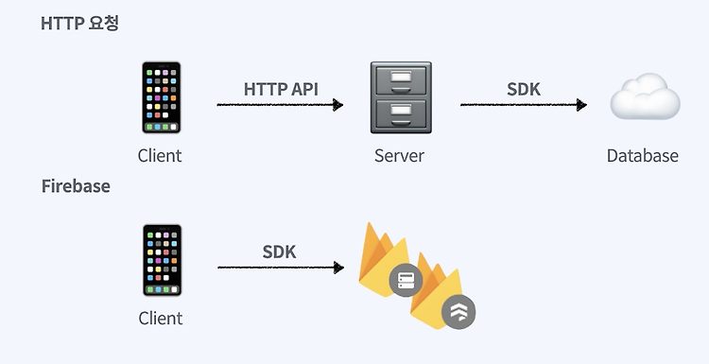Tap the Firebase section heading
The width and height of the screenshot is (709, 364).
tap(76, 186)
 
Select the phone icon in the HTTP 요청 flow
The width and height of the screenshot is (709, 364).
tap(161, 98)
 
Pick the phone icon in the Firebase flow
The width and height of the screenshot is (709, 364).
tap(161, 261)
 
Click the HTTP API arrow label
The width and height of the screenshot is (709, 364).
tap(281, 89)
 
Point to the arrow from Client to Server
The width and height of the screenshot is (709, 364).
tap(280, 105)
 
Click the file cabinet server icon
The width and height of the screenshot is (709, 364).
tap(400, 98)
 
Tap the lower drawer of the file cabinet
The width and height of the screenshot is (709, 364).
tap(400, 115)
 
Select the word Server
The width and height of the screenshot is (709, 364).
tap(399, 156)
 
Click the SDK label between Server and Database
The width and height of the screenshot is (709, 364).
tap(525, 89)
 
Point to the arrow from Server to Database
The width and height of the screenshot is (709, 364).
tap(524, 105)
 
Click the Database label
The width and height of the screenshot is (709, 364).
tap(643, 156)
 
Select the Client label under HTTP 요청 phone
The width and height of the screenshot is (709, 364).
tap(160, 156)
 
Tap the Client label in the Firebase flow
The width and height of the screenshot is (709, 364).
tap(160, 319)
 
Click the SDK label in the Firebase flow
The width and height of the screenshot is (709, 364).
tap(279, 251)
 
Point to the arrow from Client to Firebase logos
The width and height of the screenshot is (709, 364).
tap(280, 268)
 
